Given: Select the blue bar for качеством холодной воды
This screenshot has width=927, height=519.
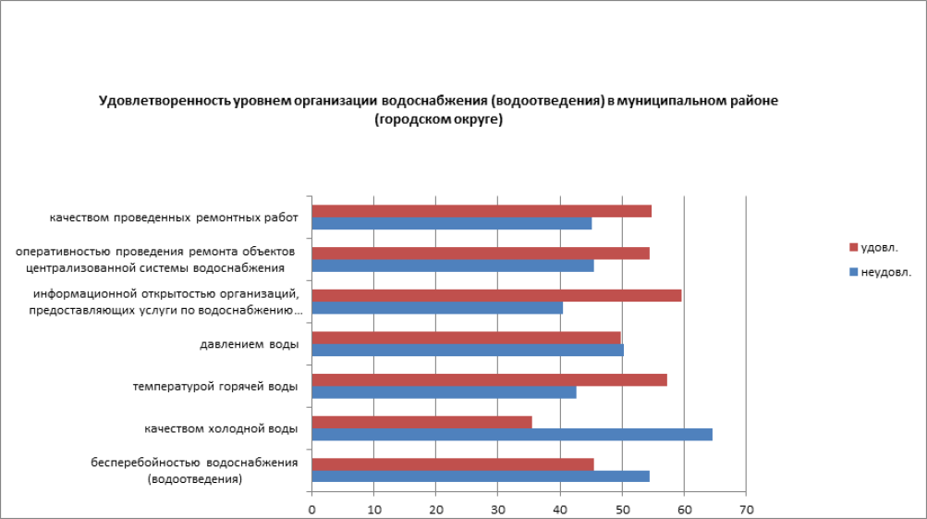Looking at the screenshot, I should (511, 434).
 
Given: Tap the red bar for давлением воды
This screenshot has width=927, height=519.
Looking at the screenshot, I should (466, 338).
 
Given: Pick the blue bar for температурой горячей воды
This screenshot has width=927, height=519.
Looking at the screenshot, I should (444, 392).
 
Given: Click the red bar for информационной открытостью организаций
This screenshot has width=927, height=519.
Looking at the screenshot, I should (496, 295).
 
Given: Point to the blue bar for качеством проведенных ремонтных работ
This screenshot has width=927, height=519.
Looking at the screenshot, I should (451, 223).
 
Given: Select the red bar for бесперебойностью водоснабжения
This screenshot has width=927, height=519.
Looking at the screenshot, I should (453, 463).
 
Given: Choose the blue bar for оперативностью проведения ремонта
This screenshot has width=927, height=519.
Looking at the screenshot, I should (453, 266).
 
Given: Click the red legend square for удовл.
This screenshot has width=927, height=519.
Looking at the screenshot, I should (853, 248).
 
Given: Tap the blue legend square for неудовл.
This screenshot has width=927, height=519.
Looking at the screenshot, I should (853, 272).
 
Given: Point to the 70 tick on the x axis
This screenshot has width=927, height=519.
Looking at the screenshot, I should (746, 510).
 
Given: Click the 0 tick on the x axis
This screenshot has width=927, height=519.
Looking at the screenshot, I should (312, 510).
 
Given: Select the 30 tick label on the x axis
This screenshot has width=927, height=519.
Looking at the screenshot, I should (497, 510).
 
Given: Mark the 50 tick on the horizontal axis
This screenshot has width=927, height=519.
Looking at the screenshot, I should (622, 510).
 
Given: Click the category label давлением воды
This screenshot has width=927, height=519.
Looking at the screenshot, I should (249, 345).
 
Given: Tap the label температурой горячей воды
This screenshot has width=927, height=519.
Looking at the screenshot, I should (215, 387).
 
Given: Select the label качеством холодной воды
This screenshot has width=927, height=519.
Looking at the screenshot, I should (221, 429).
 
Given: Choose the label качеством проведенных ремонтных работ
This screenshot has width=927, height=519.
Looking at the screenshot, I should (175, 218).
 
